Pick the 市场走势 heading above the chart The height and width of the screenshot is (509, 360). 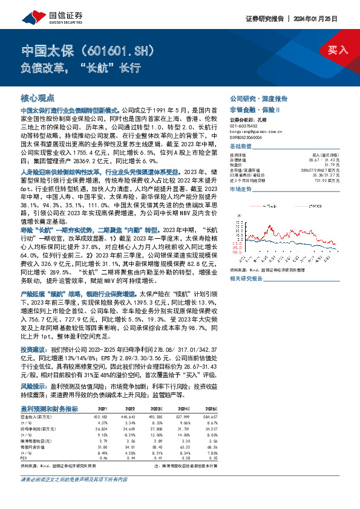click(240, 190)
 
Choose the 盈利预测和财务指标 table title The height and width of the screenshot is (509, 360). click(49, 392)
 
